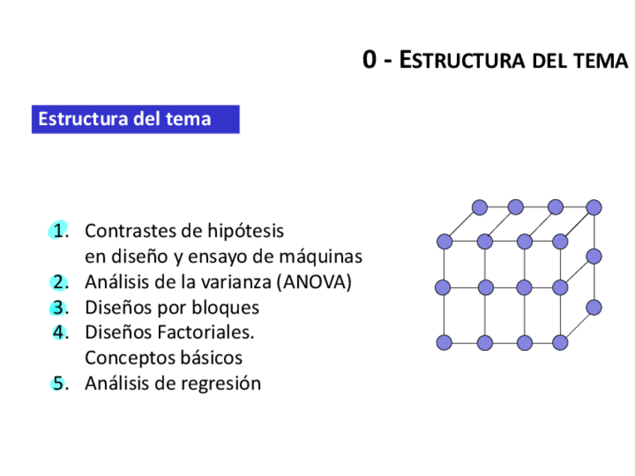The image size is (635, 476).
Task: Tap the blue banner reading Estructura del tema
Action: [x=135, y=119]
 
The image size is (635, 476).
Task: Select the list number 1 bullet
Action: [x=58, y=231]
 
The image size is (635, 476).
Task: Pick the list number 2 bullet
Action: [x=59, y=282]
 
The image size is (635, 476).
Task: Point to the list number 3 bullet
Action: [x=59, y=308]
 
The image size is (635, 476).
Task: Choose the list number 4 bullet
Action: [x=60, y=332]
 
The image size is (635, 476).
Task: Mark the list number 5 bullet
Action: [x=58, y=384]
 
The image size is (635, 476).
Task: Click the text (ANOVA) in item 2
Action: [x=314, y=282]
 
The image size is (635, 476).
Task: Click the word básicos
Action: [x=211, y=358]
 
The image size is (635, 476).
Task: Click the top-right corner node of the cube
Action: [x=594, y=207]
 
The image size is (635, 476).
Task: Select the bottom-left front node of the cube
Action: [x=444, y=343]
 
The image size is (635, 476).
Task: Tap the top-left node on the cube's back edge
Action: [x=480, y=207]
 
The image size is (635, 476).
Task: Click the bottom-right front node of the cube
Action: [x=559, y=343]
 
